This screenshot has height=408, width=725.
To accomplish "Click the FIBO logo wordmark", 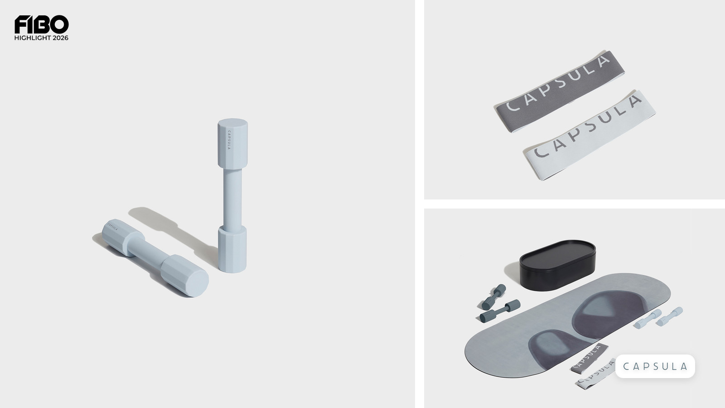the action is pyautogui.click(x=41, y=24).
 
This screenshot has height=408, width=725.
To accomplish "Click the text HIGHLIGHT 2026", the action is pyautogui.click(x=41, y=38).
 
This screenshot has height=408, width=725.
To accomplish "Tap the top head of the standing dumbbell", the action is pyautogui.click(x=233, y=143).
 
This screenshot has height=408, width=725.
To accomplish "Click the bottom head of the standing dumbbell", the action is pyautogui.click(x=232, y=249).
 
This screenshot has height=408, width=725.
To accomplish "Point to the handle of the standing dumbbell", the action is pyautogui.click(x=232, y=198).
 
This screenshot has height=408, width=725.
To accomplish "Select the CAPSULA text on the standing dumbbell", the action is pyautogui.click(x=229, y=140).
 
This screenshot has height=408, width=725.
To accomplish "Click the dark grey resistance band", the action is pyautogui.click(x=559, y=92).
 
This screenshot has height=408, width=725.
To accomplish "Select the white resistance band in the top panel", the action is pyautogui.click(x=590, y=135).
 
